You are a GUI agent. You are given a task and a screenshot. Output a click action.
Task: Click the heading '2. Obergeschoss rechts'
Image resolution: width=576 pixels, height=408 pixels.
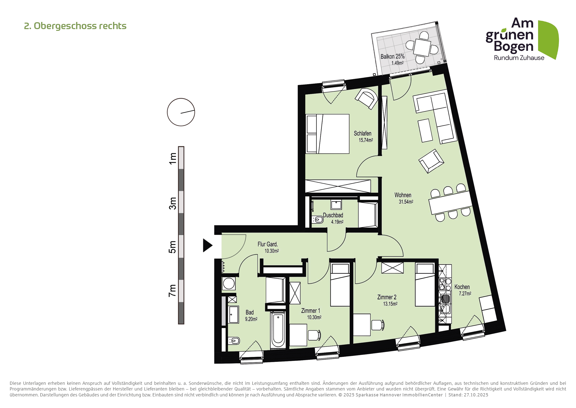click(75, 26)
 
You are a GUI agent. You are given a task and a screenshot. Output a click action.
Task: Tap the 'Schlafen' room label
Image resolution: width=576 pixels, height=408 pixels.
click(362, 133)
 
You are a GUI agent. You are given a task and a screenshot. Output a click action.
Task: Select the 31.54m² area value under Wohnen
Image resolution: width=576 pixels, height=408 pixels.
click(406, 202)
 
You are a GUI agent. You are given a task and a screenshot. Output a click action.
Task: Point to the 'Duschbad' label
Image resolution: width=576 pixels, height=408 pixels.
click(333, 215)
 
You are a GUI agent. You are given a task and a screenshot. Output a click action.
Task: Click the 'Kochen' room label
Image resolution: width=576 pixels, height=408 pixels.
click(462, 287)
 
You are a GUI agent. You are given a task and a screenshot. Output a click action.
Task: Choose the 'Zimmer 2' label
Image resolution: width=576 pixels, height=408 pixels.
click(387, 297)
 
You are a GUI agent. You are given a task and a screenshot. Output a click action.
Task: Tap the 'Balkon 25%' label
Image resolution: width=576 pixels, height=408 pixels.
click(393, 56)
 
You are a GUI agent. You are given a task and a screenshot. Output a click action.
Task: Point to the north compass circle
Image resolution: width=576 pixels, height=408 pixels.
click(181, 112)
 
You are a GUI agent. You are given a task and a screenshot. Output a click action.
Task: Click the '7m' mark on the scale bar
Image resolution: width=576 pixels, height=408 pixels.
click(173, 291)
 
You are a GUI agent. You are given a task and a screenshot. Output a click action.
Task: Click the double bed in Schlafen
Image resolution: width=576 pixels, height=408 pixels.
click(327, 134)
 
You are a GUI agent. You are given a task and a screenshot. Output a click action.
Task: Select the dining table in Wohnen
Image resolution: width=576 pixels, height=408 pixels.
click(450, 203)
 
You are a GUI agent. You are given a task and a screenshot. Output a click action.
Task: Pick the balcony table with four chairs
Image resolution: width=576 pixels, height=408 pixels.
click(422, 47)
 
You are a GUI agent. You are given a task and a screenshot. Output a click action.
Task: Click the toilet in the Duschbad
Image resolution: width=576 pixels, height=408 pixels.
click(318, 220)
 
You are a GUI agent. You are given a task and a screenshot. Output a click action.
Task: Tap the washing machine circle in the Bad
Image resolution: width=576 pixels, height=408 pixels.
click(229, 284)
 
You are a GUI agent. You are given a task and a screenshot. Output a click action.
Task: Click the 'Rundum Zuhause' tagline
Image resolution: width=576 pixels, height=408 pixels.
click(519, 58)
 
